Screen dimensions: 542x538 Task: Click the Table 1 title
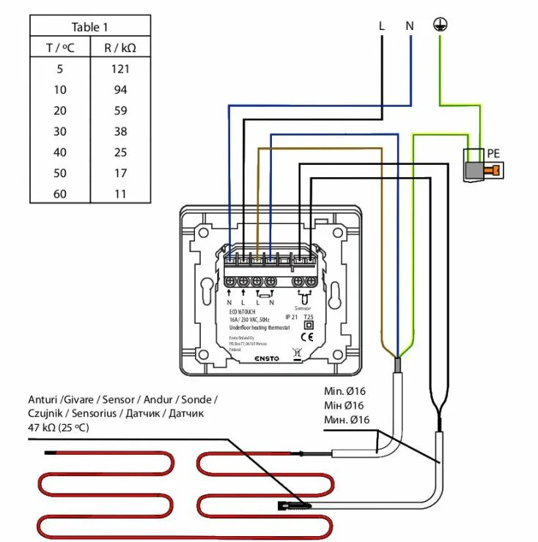tap(89, 28)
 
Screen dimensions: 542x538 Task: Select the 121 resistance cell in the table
tap(120, 69)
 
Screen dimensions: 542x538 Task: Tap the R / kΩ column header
tap(120, 48)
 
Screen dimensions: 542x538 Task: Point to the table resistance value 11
tap(120, 194)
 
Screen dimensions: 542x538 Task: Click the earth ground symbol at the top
tap(439, 26)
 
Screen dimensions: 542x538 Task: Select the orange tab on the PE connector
tap(496, 171)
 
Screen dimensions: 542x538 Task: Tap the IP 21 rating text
tap(292, 317)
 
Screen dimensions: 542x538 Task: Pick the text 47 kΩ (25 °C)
tap(59, 427)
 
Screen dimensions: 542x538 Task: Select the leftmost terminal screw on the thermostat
tap(230, 281)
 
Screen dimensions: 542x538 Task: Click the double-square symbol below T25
tap(309, 325)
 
